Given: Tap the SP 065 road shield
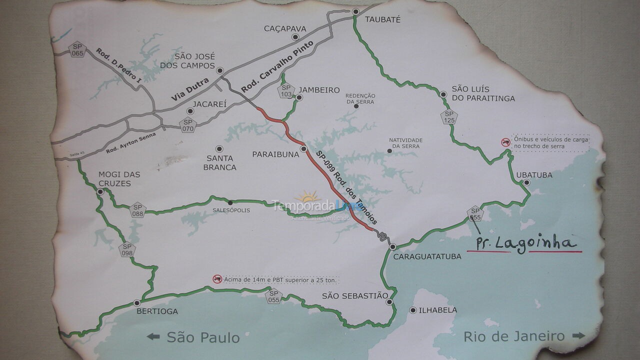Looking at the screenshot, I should pos(77,49).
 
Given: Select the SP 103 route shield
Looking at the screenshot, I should pos(286,91).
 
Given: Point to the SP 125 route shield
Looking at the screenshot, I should pos(449,117).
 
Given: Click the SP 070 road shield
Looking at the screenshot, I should pos(187,124).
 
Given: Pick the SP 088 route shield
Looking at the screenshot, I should pos(137,210).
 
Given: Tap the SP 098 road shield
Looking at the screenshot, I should pos(127,249).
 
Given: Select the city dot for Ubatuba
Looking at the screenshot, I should pos(526,182).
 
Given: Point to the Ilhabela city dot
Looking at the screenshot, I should pos(412,310).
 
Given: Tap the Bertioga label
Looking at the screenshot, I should pos(157,311).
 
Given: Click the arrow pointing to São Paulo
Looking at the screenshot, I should pos(153,336).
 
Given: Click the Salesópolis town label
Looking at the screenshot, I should pos(231,210).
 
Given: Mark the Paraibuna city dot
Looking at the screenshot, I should pos(303,149).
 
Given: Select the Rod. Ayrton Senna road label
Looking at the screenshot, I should pos(131,143).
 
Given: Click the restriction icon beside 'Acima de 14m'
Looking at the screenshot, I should pos(217,279).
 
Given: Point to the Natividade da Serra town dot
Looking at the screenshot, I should pos(389,150).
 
